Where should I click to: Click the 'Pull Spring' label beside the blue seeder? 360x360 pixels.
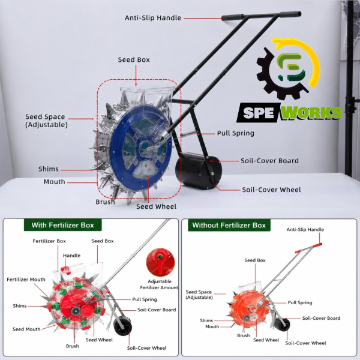(236, 133)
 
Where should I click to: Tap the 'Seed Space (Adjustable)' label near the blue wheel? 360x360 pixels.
(46, 121)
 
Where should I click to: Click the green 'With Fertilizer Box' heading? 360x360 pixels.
(62, 225)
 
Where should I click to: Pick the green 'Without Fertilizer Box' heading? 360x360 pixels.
(229, 225)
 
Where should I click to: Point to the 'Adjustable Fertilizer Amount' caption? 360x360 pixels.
(159, 284)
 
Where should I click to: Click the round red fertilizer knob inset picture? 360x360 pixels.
(160, 262)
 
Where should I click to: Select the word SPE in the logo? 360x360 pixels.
(259, 113)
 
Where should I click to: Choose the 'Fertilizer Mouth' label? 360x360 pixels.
(26, 280)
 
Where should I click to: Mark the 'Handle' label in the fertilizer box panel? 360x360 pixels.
(71, 256)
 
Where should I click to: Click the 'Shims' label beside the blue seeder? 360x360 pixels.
(49, 169)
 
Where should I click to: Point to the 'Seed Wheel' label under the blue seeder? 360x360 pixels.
(157, 206)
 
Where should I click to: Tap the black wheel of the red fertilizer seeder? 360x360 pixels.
(122, 326)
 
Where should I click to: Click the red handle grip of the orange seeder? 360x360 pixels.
(317, 245)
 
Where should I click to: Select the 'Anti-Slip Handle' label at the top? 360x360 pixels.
(153, 17)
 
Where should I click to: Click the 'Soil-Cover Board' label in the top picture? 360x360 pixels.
(269, 161)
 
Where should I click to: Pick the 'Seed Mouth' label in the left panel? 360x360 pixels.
(26, 329)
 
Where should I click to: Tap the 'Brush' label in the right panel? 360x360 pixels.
(244, 335)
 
